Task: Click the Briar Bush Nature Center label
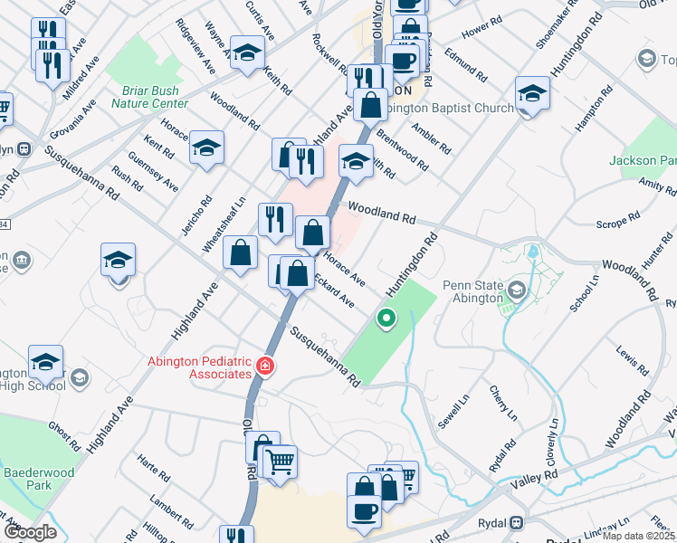click(149, 97)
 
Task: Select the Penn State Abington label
click(472, 291)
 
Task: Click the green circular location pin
click(386, 318)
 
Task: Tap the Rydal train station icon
click(517, 522)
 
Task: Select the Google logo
click(30, 532)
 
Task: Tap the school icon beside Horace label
click(207, 148)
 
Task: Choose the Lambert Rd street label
click(172, 512)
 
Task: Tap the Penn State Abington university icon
click(516, 291)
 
